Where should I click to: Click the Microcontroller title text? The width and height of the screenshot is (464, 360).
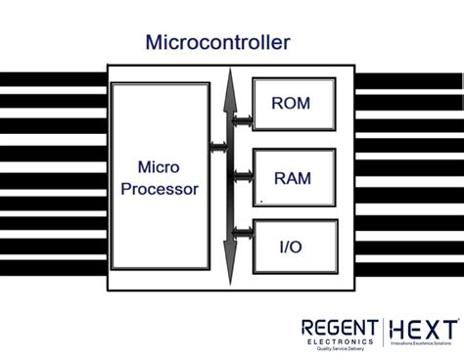tap(217, 42)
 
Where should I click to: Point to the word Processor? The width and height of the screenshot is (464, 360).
tap(160, 188)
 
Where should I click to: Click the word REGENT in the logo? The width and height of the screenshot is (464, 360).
tap(340, 328)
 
